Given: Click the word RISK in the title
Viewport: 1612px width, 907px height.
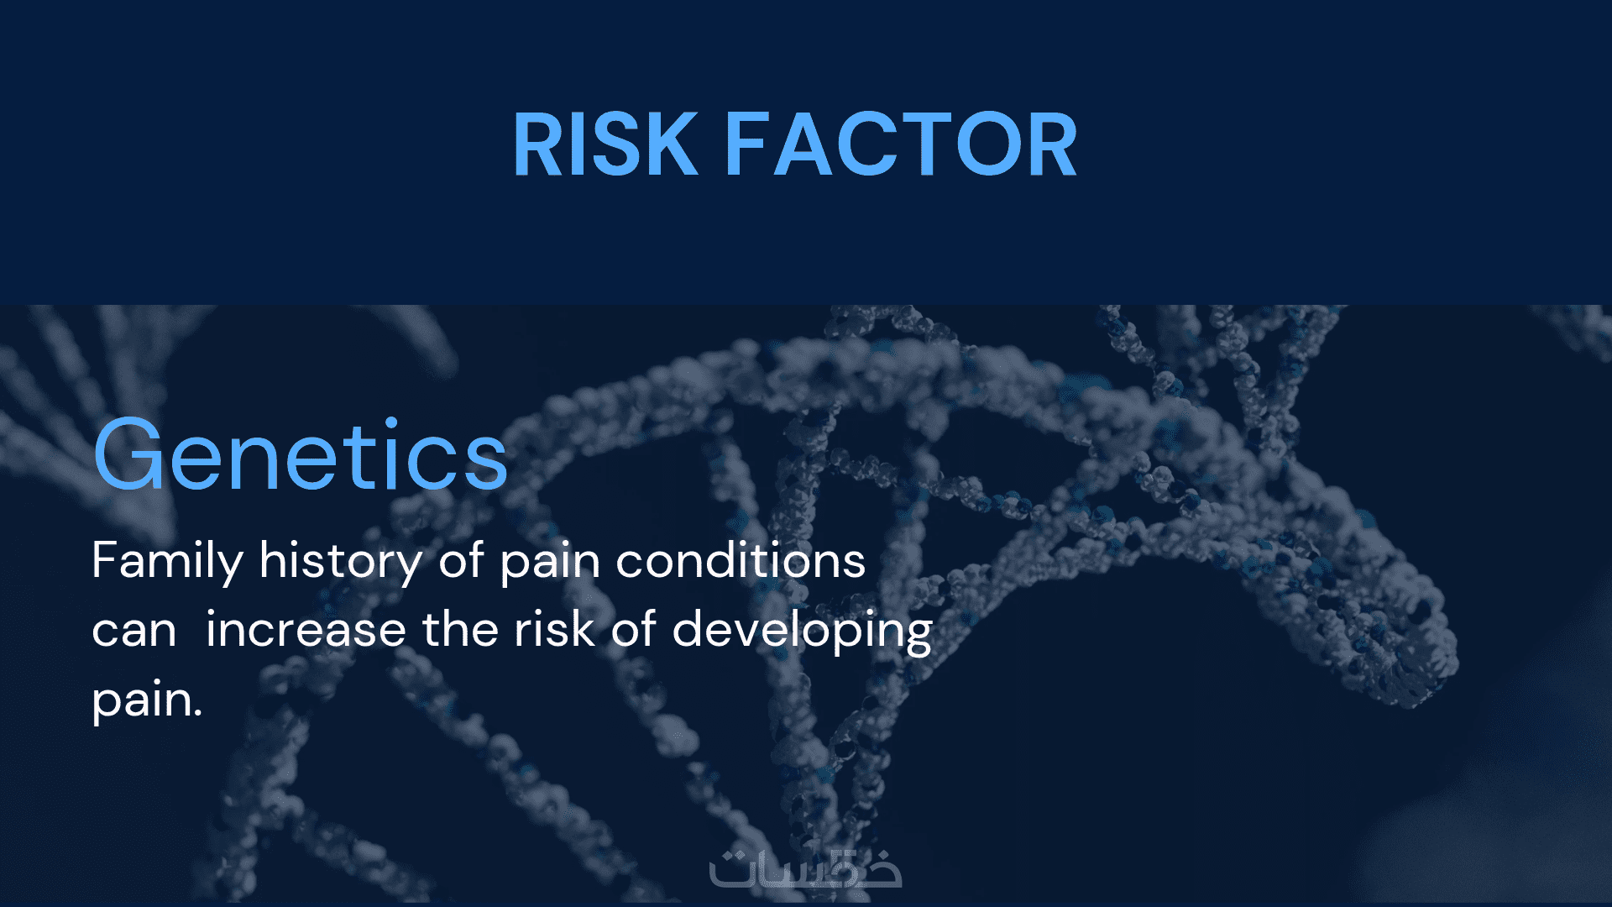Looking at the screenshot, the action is pos(605,144).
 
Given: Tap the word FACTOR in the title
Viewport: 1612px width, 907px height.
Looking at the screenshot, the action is pos(901,144).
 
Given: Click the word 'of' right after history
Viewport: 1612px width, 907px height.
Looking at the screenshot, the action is pos(461,560).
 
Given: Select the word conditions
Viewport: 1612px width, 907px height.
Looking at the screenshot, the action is pos(741,560).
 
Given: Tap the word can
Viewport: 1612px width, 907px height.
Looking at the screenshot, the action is pos(134,631).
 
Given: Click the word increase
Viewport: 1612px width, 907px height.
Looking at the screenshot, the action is pos(306,629).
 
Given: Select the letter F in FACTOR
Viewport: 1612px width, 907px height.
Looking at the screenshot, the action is pos(747,144).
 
